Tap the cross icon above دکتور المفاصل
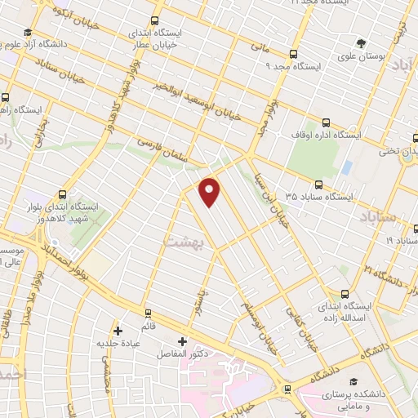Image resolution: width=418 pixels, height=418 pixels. (181, 340)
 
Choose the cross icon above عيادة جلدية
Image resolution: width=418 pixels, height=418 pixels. (118, 330)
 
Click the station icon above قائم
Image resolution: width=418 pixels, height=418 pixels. (148, 312)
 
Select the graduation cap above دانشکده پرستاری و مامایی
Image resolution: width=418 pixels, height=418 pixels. (353, 381)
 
